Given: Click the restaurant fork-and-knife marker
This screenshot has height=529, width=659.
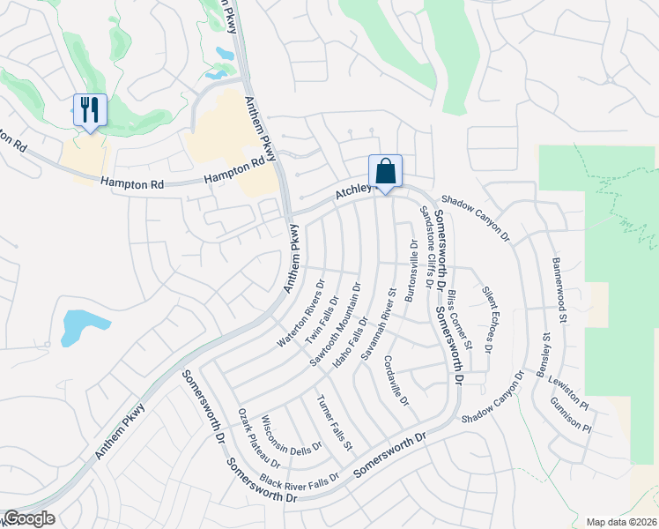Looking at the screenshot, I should (90, 110).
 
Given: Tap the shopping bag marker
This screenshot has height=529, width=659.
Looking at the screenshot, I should (385, 171).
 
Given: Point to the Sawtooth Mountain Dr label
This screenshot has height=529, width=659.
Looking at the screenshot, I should (336, 324).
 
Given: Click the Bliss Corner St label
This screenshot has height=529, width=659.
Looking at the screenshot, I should (459, 319).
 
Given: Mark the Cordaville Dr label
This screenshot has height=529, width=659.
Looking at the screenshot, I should (397, 380).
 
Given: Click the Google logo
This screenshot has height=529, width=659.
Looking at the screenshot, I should (29, 518).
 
